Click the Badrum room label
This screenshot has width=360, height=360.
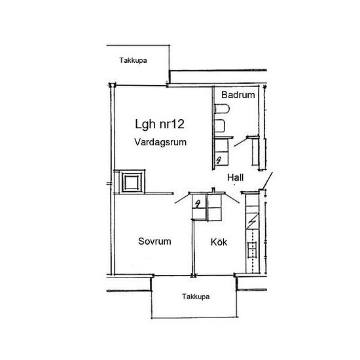238,95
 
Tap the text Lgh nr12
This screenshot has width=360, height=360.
160,124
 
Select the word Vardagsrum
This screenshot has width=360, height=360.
160,142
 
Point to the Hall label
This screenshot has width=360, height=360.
236,177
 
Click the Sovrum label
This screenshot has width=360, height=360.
154,242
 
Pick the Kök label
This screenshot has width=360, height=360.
219,242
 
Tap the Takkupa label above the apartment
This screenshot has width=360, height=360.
133,60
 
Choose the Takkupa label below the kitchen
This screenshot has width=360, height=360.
196,297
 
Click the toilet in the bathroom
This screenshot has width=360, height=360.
222,109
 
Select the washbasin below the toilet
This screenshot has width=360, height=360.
220,126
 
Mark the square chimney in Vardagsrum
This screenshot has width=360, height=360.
132,182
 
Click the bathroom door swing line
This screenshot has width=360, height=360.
241,141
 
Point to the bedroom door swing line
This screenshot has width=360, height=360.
182,198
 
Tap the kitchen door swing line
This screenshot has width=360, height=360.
232,198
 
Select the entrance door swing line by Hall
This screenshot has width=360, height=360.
267,181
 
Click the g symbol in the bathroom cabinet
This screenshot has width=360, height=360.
219,159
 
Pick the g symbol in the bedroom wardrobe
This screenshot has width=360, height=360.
198,204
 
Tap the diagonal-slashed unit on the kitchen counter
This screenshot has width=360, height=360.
252,221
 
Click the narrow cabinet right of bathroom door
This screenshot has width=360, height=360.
255,152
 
